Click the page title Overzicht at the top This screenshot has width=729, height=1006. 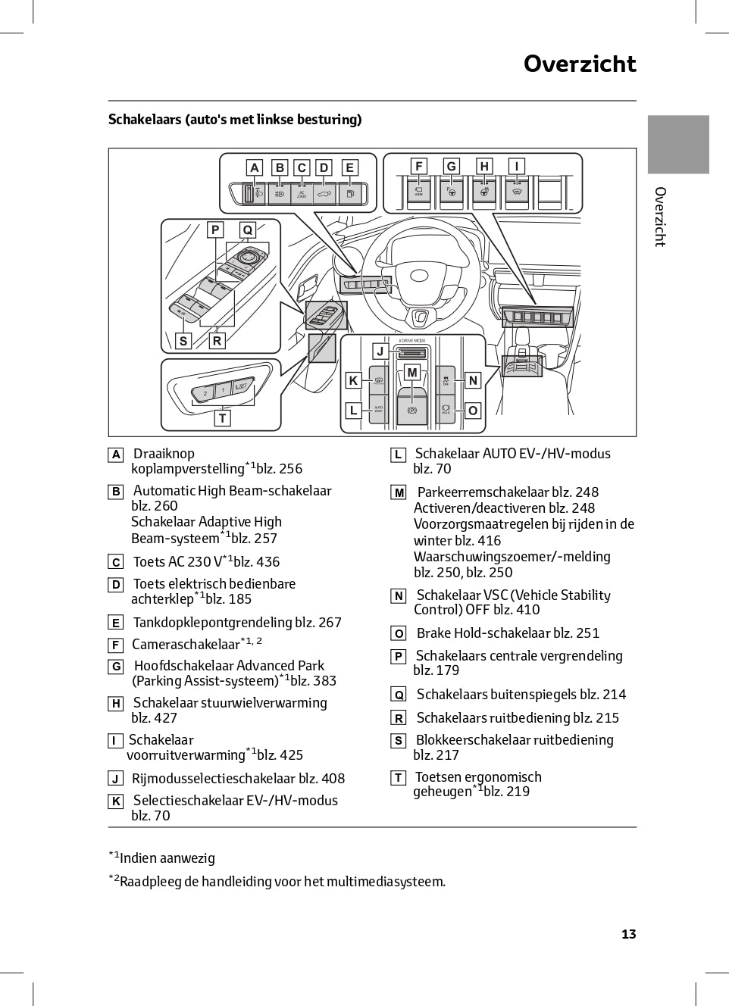580,64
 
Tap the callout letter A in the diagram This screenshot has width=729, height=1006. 255,167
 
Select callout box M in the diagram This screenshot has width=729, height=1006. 412,372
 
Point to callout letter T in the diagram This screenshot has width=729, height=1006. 222,417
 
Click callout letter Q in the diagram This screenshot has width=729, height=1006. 247,230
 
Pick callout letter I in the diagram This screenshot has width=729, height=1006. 517,166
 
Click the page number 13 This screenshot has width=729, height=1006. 628,934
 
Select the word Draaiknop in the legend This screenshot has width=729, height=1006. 164,454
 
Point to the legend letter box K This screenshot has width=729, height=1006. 116,801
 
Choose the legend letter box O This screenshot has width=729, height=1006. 399,634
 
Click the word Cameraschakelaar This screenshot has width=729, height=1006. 186,645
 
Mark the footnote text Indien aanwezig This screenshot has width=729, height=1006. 167,858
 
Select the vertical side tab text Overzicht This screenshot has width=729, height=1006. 660,217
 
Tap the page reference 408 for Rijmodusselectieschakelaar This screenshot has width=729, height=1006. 333,779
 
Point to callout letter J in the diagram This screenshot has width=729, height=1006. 380,351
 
